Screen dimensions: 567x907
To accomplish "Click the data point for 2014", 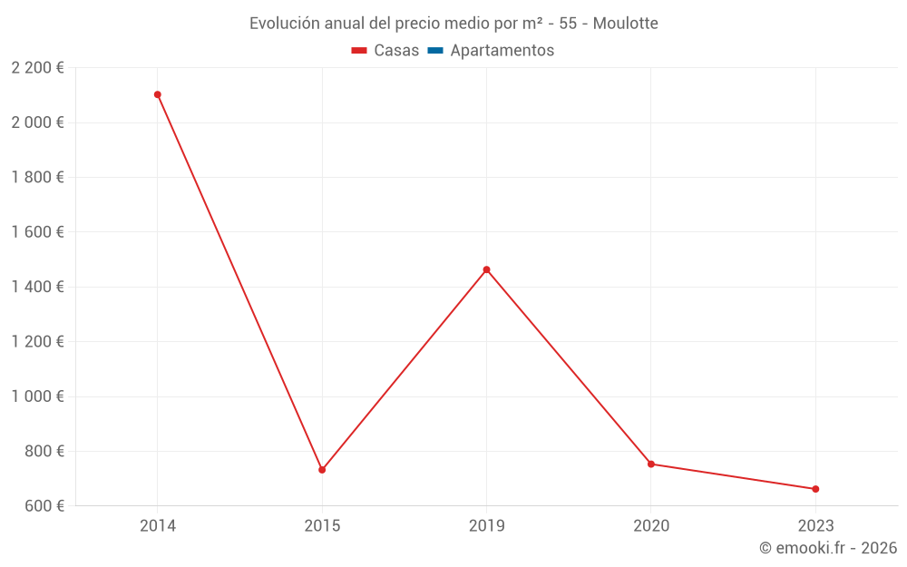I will pyautogui.click(x=158, y=94).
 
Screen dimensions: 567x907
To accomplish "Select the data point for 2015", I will pyautogui.click(x=322, y=470).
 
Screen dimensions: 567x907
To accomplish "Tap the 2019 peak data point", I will pyautogui.click(x=487, y=269).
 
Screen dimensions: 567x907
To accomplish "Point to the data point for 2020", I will pyautogui.click(x=651, y=464).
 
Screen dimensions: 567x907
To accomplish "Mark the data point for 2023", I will pyautogui.click(x=815, y=489).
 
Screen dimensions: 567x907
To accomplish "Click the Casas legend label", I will pyautogui.click(x=396, y=51).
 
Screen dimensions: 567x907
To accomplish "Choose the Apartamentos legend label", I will pyautogui.click(x=502, y=51).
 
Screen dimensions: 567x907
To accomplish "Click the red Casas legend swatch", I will pyautogui.click(x=358, y=51).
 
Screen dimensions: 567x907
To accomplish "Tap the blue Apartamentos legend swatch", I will pyautogui.click(x=434, y=51).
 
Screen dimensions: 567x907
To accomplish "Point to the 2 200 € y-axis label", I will pyautogui.click(x=37, y=67).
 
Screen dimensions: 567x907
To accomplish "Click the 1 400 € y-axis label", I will pyautogui.click(x=37, y=287).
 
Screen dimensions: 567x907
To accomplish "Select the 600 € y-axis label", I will pyautogui.click(x=43, y=505).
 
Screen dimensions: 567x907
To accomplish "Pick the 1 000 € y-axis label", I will pyautogui.click(x=37, y=396).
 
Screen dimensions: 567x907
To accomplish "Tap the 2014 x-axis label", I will pyautogui.click(x=158, y=526).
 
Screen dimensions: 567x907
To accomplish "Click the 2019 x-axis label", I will pyautogui.click(x=487, y=526).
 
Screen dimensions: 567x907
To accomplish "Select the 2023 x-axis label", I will pyautogui.click(x=815, y=526).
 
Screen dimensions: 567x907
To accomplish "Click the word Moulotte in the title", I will pyautogui.click(x=625, y=24).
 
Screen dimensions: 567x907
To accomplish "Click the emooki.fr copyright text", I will pyautogui.click(x=828, y=548).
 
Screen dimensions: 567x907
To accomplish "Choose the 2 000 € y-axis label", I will pyautogui.click(x=37, y=122).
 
